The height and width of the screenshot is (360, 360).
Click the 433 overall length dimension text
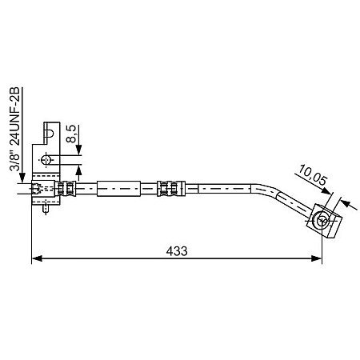pyautogui.click(x=177, y=250)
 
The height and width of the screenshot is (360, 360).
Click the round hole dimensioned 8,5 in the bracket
pyautogui.click(x=47, y=158)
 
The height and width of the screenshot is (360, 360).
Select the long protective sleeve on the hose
pyautogui.click(x=125, y=190)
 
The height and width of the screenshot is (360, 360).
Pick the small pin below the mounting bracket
pyautogui.click(x=49, y=209)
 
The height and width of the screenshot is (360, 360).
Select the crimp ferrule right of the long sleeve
pyautogui.click(x=168, y=190)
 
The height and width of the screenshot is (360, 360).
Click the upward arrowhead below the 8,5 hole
pyautogui.click(x=80, y=171)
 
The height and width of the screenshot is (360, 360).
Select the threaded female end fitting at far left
pyautogui.click(x=37, y=190)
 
